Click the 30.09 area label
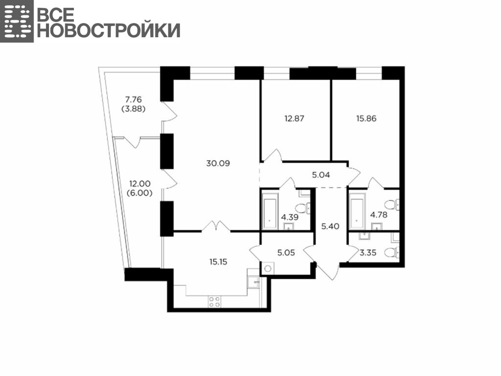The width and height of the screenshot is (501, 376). point(218,164)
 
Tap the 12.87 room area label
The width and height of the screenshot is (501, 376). point(294,118)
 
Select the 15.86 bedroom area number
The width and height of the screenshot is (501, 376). point(366,118)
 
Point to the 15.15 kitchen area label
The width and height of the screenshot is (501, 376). point(218,262)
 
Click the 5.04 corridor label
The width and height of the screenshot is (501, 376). point(321,175)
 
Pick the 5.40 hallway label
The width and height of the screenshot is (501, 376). point(330,226)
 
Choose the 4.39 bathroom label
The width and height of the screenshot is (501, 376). point(290,217)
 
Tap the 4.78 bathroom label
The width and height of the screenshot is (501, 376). point(379,215)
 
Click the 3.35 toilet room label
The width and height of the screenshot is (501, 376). point(368,253)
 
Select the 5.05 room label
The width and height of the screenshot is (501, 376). point(286,253)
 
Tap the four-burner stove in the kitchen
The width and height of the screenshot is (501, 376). point(214,302)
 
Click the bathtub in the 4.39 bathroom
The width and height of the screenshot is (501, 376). point(270,210)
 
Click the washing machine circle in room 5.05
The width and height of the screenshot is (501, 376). point(268,269)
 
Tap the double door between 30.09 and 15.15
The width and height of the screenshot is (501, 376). point(216,226)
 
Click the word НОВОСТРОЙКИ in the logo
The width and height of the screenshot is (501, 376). point(109,30)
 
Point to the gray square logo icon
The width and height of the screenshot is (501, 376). point(17,21)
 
